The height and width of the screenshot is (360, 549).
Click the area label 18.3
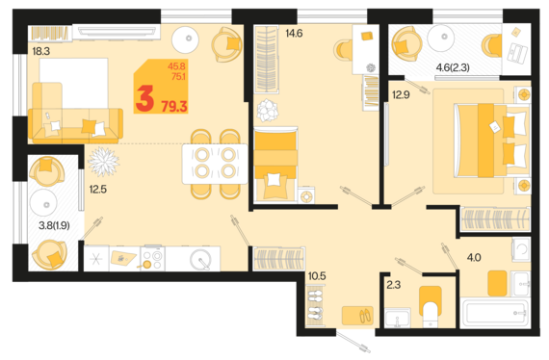tap(41, 51)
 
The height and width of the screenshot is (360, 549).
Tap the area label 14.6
tap(294, 34)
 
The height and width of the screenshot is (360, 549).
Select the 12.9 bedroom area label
tap(401, 94)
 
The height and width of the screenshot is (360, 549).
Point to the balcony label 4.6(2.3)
tap(453, 67)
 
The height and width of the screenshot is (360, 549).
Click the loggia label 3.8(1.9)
tap(54, 225)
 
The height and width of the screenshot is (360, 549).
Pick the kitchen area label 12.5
tap(97, 190)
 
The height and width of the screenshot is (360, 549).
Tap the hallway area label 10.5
tap(317, 276)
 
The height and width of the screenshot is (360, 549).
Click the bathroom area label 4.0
tap(474, 258)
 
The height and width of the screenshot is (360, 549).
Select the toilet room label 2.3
tap(394, 285)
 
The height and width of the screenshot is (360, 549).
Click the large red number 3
tap(144, 99)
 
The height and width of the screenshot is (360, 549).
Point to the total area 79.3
tap(174, 106)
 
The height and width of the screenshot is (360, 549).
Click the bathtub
tap(494, 313)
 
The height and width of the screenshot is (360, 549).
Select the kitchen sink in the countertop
tap(200, 259)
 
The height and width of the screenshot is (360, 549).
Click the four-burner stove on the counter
tap(153, 259)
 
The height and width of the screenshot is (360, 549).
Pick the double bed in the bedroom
tap(490, 140)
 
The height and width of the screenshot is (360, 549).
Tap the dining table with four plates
tap(215, 164)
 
